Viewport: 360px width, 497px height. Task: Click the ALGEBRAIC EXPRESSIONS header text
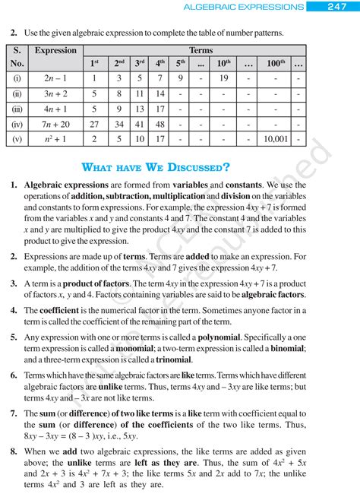[245, 7]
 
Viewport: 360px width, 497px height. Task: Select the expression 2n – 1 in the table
[54, 78]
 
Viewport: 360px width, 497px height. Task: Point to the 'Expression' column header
[55, 51]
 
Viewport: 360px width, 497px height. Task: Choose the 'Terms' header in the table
[201, 50]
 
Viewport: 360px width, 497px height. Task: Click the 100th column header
[273, 62]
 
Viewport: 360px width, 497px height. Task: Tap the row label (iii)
[17, 109]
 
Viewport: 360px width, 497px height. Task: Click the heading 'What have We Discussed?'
[155, 167]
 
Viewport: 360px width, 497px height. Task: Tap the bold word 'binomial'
[283, 348]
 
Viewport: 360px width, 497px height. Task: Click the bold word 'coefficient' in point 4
[65, 310]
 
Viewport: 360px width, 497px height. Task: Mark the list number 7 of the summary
[14, 413]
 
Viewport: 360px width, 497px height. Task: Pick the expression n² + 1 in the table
[54, 140]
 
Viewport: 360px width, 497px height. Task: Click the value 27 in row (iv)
[94, 124]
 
